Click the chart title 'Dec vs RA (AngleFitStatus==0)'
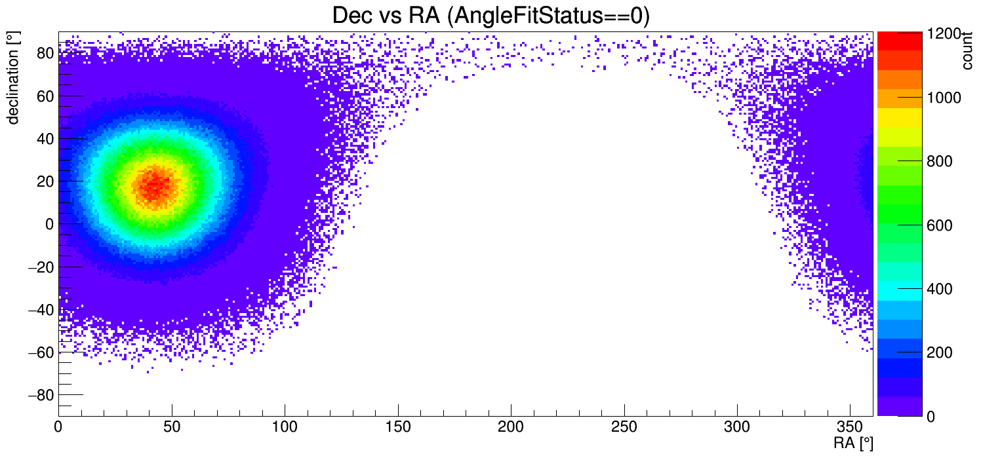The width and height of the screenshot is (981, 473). click(x=490, y=16)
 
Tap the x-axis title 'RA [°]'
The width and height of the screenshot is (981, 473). click(x=852, y=444)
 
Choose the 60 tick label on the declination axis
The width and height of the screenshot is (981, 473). click(x=44, y=96)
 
